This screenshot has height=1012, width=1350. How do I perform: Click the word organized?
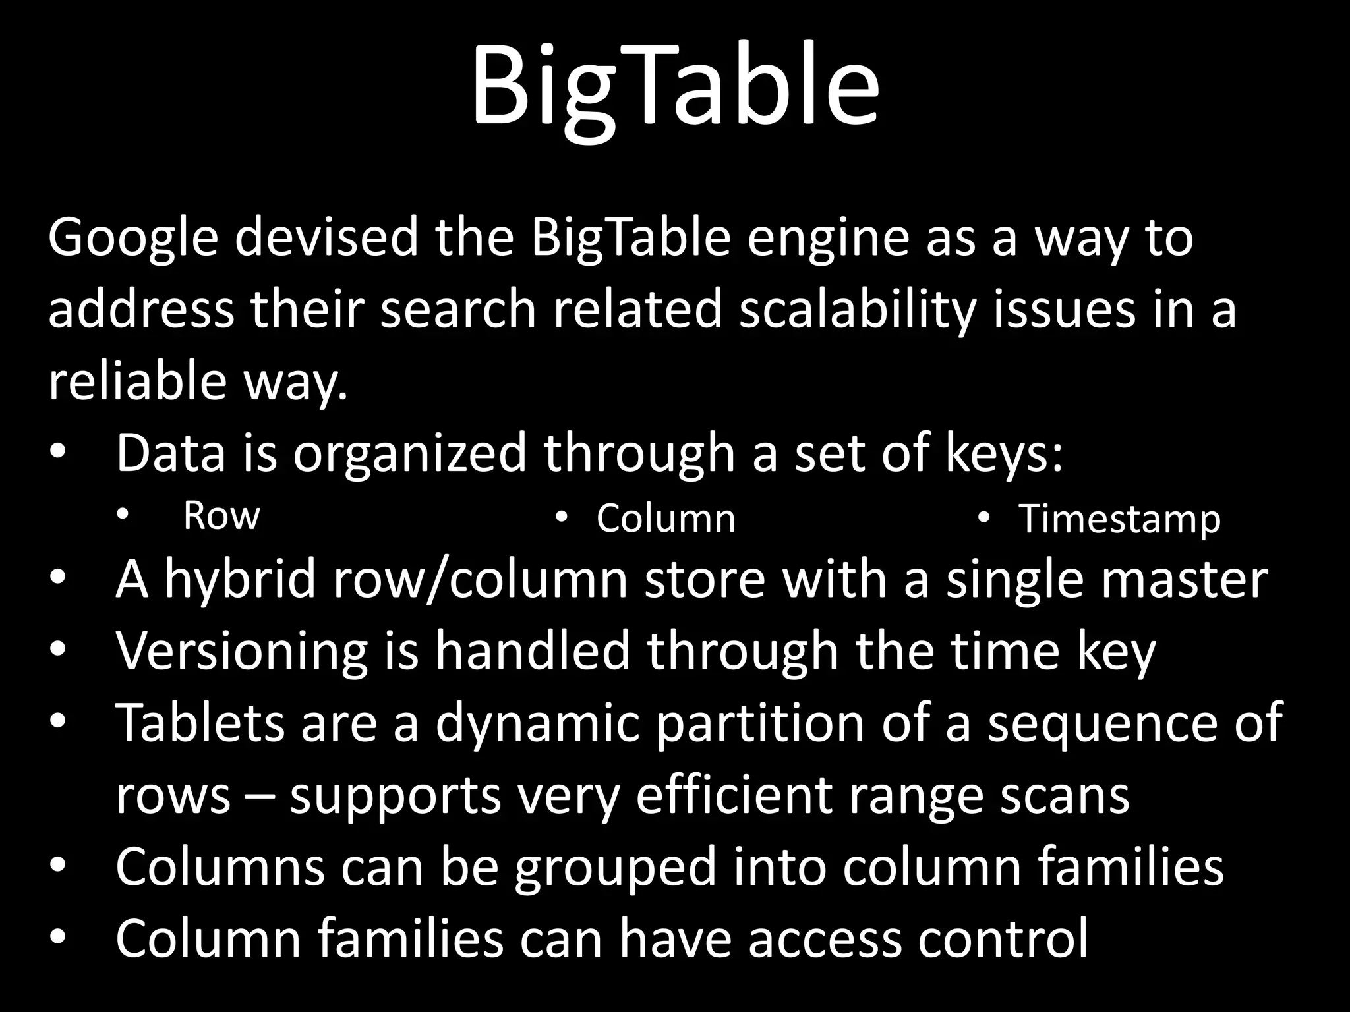pyautogui.click(x=409, y=455)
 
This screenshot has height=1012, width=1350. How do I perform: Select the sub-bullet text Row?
pyautogui.click(x=221, y=516)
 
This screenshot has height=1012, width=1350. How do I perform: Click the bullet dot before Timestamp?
pyautogui.click(x=983, y=518)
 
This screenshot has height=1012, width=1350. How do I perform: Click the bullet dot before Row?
pyautogui.click(x=121, y=516)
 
